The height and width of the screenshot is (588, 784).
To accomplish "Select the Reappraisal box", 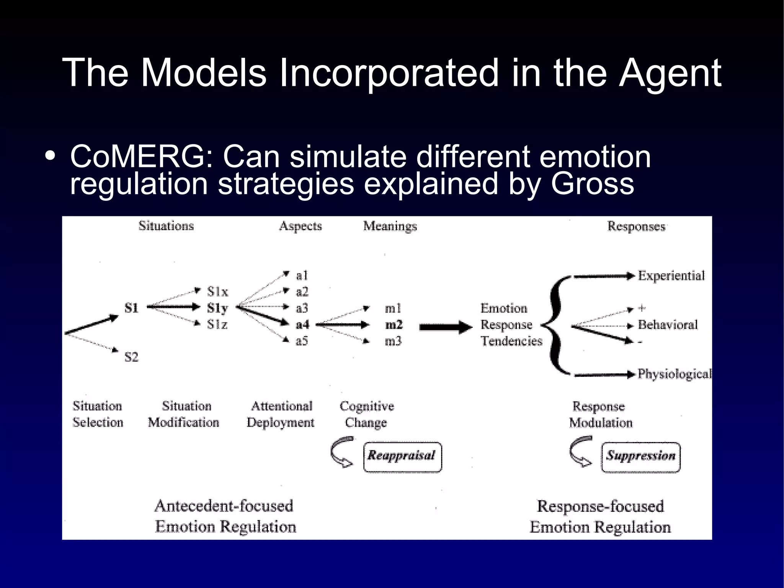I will pyautogui.click(x=402, y=457).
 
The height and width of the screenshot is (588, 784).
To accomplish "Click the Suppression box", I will pyautogui.click(x=640, y=457).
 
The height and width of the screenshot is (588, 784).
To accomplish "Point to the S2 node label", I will pyautogui.click(x=131, y=357).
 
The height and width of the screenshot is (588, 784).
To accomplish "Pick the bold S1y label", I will pyautogui.click(x=217, y=308).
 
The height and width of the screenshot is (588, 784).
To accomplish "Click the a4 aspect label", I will pyautogui.click(x=302, y=324).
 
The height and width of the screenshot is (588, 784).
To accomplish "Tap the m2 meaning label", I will pyautogui.click(x=394, y=324).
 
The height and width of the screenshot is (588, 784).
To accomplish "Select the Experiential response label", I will pyautogui.click(x=671, y=276).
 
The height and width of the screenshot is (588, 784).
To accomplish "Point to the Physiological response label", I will pyautogui.click(x=674, y=374).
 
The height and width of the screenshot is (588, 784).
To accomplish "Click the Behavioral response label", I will pyautogui.click(x=667, y=325).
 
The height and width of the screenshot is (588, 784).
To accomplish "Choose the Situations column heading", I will pyautogui.click(x=166, y=226).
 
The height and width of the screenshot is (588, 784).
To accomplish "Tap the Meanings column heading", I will pyautogui.click(x=390, y=226).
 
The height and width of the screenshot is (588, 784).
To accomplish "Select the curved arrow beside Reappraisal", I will pyautogui.click(x=342, y=452).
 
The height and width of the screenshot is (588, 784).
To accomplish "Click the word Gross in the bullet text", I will pyautogui.click(x=592, y=184).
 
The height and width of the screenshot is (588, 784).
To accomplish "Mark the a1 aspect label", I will pyautogui.click(x=302, y=275).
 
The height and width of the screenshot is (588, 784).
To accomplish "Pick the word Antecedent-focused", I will pyautogui.click(x=224, y=506).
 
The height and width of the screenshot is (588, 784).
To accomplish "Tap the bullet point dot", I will pyautogui.click(x=50, y=157).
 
